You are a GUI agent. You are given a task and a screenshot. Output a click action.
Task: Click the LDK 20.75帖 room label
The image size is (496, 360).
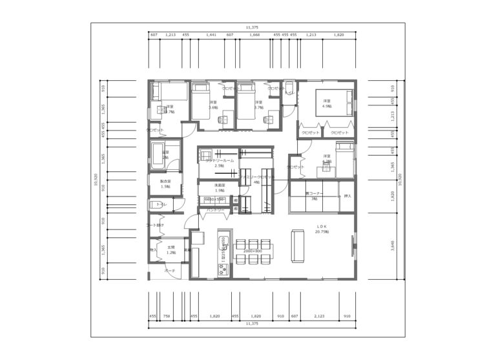tap(321, 229)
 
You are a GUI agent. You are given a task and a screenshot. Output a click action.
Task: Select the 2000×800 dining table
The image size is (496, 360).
tap(253, 251)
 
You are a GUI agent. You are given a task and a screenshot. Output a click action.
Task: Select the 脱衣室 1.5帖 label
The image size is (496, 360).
tap(165, 184)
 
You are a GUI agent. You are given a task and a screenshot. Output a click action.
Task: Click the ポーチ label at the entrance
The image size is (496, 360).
tap(170, 271)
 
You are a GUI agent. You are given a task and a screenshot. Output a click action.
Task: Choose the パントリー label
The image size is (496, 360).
tap(215, 210)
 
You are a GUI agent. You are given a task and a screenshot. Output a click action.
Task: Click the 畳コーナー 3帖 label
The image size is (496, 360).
tap(314, 196)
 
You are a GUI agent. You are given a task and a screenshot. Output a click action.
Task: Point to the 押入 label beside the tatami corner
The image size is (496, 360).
tap(347, 195)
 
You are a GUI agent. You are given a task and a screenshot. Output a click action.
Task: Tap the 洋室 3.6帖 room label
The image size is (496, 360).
tap(213, 105)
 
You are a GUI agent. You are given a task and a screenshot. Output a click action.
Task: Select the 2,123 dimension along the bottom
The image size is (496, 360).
tap(319, 317)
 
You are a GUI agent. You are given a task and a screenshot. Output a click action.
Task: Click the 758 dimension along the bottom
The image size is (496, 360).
tap(166, 317)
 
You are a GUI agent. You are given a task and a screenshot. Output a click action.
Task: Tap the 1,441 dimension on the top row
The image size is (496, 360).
tap(211, 34)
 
